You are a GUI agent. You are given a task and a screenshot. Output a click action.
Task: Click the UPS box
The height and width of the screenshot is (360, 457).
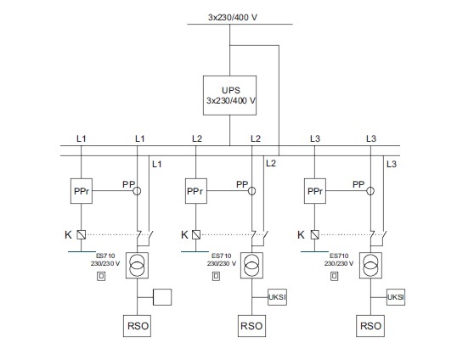click(229, 96)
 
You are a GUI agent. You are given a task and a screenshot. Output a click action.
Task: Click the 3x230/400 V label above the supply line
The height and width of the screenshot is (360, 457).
click(233, 18)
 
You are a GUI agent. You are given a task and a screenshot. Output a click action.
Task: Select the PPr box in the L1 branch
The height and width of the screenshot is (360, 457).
click(82, 191)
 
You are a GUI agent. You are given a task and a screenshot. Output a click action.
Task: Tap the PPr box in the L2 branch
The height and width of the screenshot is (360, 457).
click(196, 191)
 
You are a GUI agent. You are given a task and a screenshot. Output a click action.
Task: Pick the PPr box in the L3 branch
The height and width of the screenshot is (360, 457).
click(315, 191)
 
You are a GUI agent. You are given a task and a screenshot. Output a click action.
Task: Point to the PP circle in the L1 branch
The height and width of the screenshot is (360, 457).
click(137, 191)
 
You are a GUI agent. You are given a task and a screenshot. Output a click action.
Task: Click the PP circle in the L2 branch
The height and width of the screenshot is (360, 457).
click(251, 191)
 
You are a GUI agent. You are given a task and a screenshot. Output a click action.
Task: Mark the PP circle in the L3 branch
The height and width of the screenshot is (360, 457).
click(370, 191)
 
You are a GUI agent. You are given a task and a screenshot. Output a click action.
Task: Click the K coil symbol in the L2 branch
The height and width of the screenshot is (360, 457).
click(196, 234)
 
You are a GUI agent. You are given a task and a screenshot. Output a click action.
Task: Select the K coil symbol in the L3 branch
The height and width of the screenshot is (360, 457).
click(315, 234)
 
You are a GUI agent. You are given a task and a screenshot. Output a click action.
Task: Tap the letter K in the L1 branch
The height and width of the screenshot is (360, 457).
click(68, 234)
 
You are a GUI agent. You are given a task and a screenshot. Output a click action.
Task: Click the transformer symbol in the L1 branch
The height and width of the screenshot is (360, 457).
click(137, 266)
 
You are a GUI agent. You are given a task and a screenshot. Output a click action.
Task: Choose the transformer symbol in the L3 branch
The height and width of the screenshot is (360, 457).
click(370, 266)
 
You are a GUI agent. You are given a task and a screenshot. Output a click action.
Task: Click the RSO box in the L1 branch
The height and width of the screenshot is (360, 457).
click(137, 326)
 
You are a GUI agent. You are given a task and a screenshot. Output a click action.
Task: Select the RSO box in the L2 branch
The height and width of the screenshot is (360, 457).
click(251, 326)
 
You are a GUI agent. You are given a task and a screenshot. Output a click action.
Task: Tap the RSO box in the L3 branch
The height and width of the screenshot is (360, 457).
click(370, 326)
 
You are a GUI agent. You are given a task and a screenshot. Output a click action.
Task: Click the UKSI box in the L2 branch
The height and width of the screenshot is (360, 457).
click(277, 297)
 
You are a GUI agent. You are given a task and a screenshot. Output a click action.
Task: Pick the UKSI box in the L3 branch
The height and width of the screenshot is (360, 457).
click(396, 297)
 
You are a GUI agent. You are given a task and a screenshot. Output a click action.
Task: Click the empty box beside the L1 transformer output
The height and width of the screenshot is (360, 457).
click(162, 297)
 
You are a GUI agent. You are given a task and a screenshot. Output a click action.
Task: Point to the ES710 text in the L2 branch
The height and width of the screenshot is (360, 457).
click(222, 256)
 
